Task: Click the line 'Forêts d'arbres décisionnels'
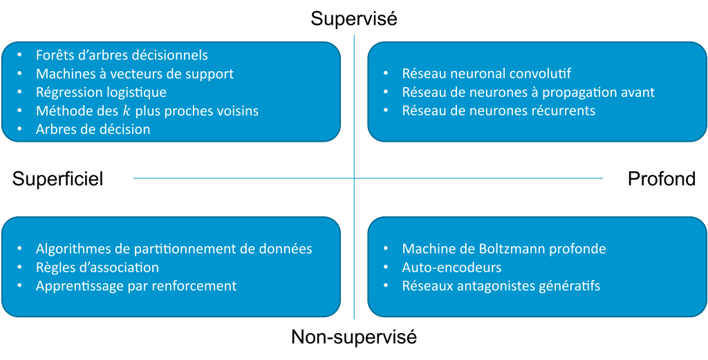tap(122, 55)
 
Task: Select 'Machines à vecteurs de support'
tap(135, 74)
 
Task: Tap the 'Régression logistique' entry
tap(101, 92)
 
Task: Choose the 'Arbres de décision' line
tap(93, 129)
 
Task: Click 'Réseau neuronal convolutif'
tap(486, 74)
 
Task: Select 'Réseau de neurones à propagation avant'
tap(528, 92)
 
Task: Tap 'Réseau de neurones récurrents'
tap(498, 111)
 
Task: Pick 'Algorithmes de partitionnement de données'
tap(174, 249)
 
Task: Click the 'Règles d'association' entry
tap(97, 267)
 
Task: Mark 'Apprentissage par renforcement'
tap(136, 285)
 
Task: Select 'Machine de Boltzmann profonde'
tap(503, 249)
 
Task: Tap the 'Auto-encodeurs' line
tap(451, 267)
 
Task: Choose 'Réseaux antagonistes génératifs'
tap(501, 285)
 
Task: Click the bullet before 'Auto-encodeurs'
tap(386, 267)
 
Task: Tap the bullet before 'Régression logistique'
tap(19, 92)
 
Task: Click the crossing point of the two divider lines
tap(354, 178)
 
